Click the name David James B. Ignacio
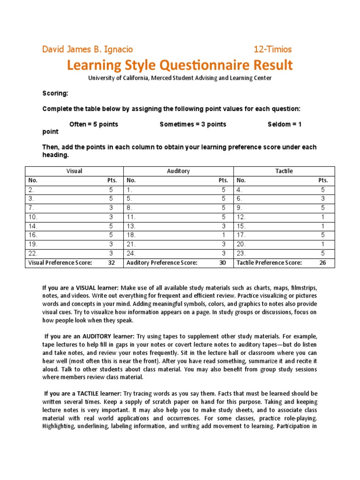(88, 49)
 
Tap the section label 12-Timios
(273, 49)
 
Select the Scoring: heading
(55, 94)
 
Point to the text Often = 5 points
(94, 124)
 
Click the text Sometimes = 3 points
(193, 124)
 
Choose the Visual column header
(74, 171)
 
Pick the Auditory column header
(179, 171)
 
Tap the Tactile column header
(285, 171)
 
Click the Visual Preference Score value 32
(111, 263)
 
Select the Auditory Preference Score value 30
(223, 263)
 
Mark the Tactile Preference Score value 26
(322, 263)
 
